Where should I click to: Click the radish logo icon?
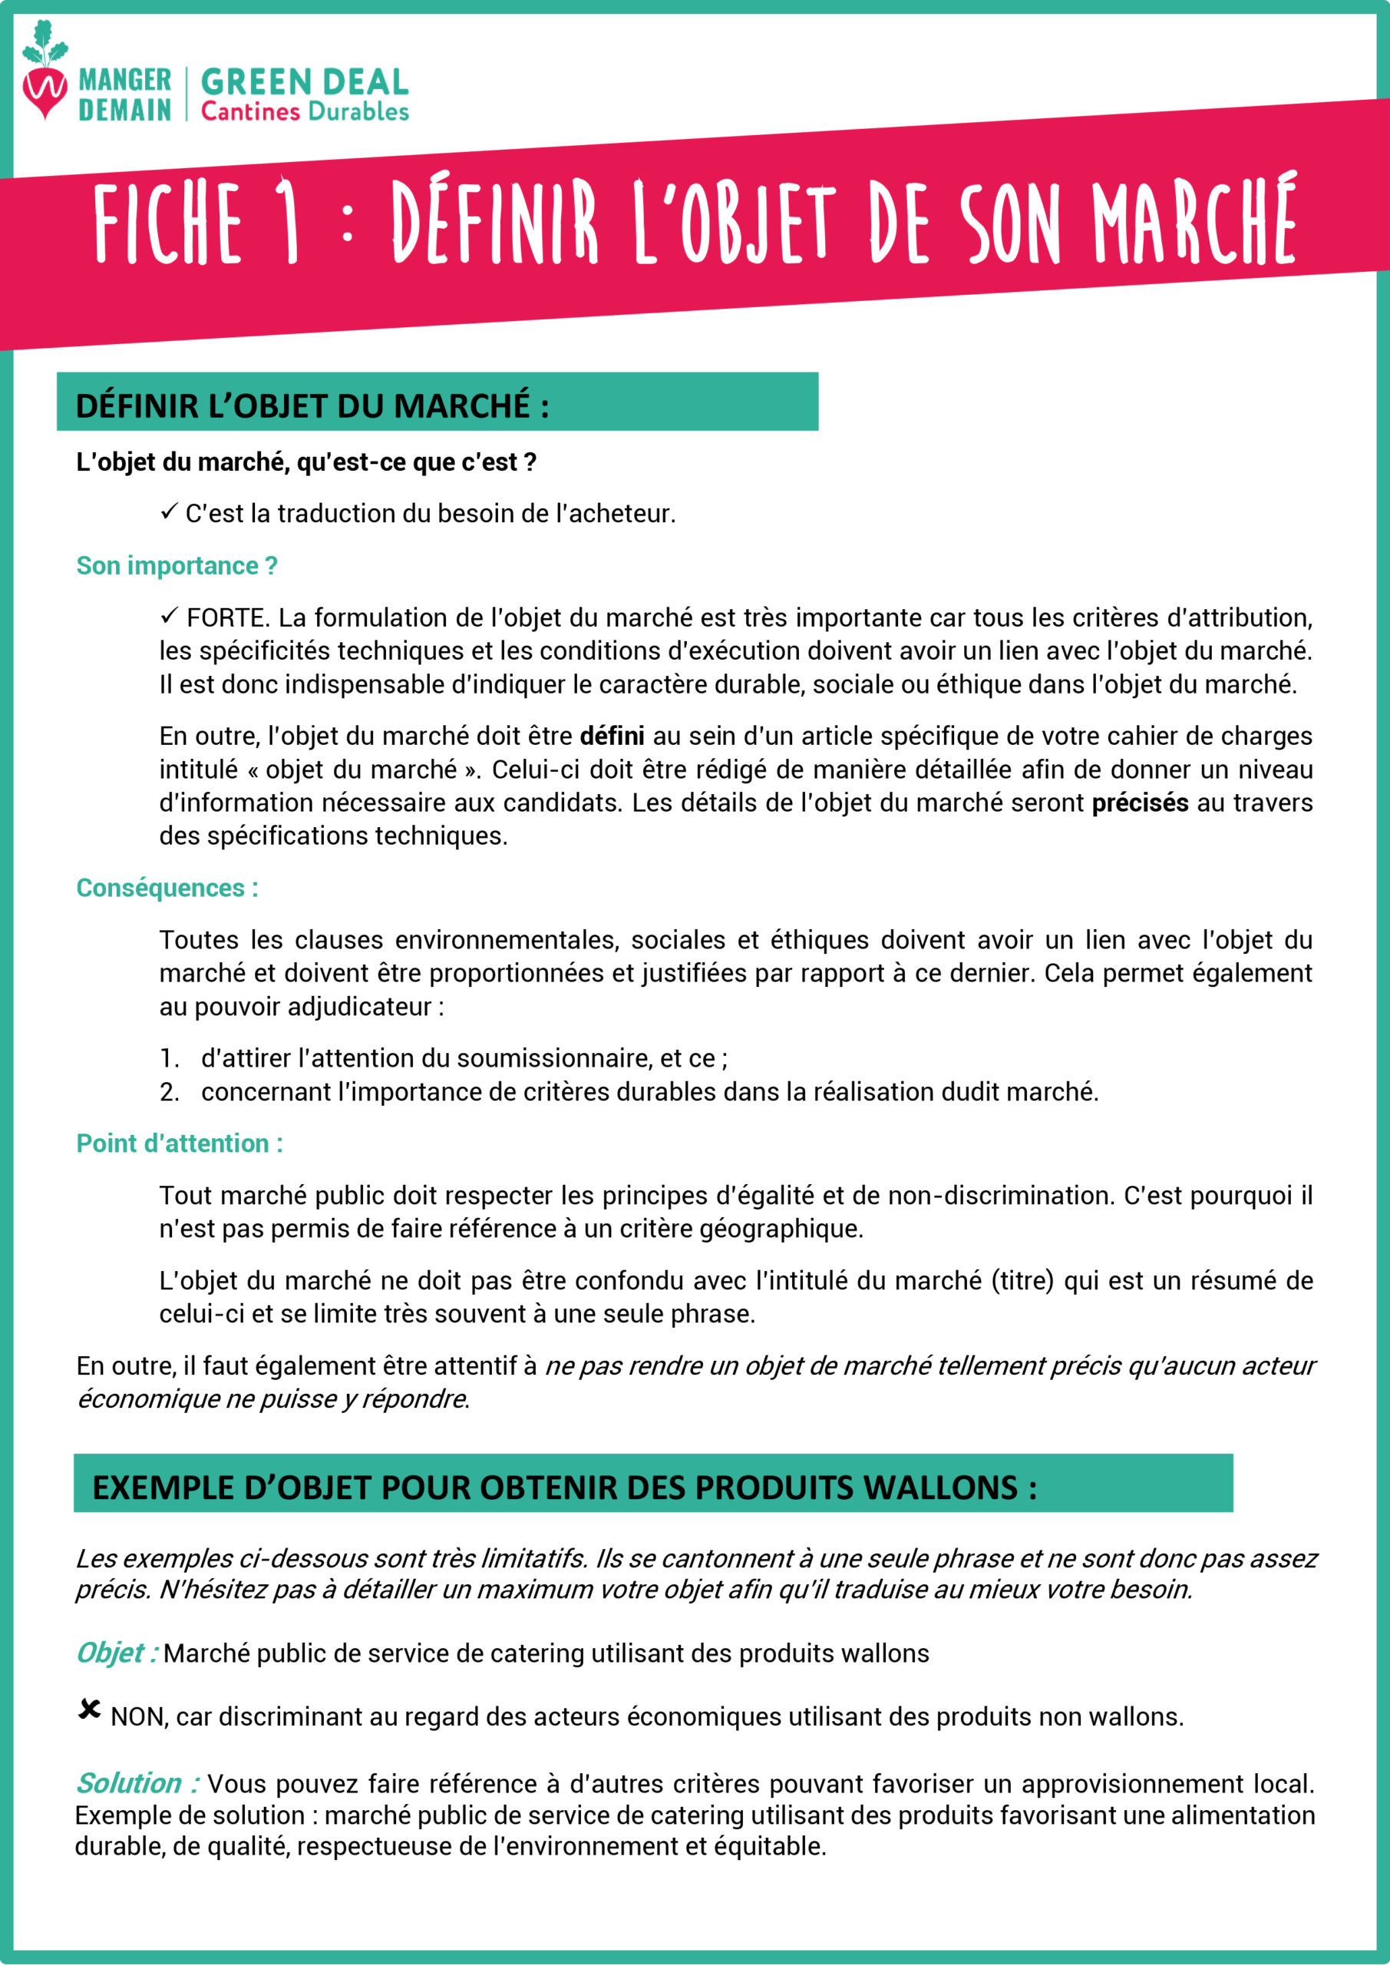coord(45,72)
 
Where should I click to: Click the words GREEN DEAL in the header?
coord(305,82)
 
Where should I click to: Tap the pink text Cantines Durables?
coord(305,112)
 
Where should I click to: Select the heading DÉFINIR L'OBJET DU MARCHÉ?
coord(312,406)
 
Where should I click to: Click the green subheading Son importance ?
coord(177,566)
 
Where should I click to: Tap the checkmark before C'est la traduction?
coord(169,513)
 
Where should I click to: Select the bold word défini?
coord(612,736)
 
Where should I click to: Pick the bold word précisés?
coord(1140,803)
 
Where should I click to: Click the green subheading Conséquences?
coord(167,888)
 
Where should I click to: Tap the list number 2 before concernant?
coord(169,1092)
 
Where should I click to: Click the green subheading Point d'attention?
coord(180,1144)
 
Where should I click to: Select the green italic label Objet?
coord(117,1653)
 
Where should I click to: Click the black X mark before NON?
coord(89,1710)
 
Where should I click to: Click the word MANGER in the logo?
coord(125,81)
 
